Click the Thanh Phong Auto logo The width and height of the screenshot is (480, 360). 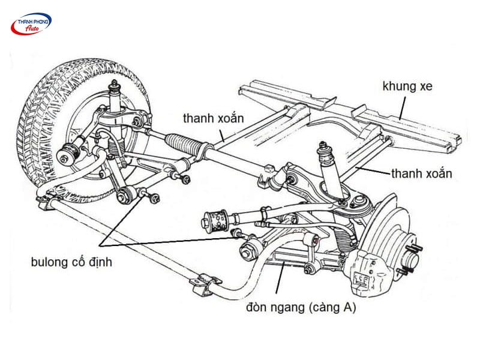[x=31, y=23]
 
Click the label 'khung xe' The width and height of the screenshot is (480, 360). [x=407, y=86]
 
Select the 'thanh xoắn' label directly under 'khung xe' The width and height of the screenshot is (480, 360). [x=421, y=173]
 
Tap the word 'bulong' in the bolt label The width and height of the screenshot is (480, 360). [x=47, y=262]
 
